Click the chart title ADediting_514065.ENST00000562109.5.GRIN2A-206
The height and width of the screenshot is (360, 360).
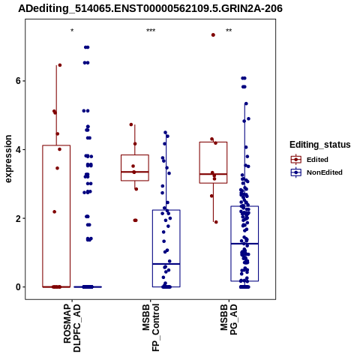(x=150, y=8)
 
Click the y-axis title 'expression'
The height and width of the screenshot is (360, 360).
(x=8, y=159)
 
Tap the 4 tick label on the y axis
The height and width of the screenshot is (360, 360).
(x=18, y=150)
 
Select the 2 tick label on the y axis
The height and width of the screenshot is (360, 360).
(x=18, y=218)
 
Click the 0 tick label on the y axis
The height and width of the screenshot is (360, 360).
(x=18, y=287)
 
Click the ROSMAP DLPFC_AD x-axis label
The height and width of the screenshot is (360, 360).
(x=72, y=328)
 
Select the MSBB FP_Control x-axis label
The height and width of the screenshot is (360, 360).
(x=151, y=328)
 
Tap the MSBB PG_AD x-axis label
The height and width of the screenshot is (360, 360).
(x=229, y=319)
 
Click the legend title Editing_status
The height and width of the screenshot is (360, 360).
(x=320, y=145)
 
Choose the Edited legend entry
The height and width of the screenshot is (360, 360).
(x=310, y=160)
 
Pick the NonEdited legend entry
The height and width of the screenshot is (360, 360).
(x=316, y=172)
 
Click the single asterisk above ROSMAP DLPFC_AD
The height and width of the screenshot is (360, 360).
(x=72, y=31)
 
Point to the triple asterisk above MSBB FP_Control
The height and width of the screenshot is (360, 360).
(x=151, y=31)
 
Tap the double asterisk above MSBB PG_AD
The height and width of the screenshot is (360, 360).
(x=229, y=31)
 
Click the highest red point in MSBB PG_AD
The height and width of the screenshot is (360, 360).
(x=213, y=35)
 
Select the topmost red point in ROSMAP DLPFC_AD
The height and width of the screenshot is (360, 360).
(x=60, y=65)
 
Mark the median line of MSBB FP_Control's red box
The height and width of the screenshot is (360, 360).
(x=135, y=172)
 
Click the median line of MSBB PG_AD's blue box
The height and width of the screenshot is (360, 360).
(x=244, y=244)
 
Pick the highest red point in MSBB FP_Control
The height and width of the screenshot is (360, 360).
(x=131, y=124)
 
